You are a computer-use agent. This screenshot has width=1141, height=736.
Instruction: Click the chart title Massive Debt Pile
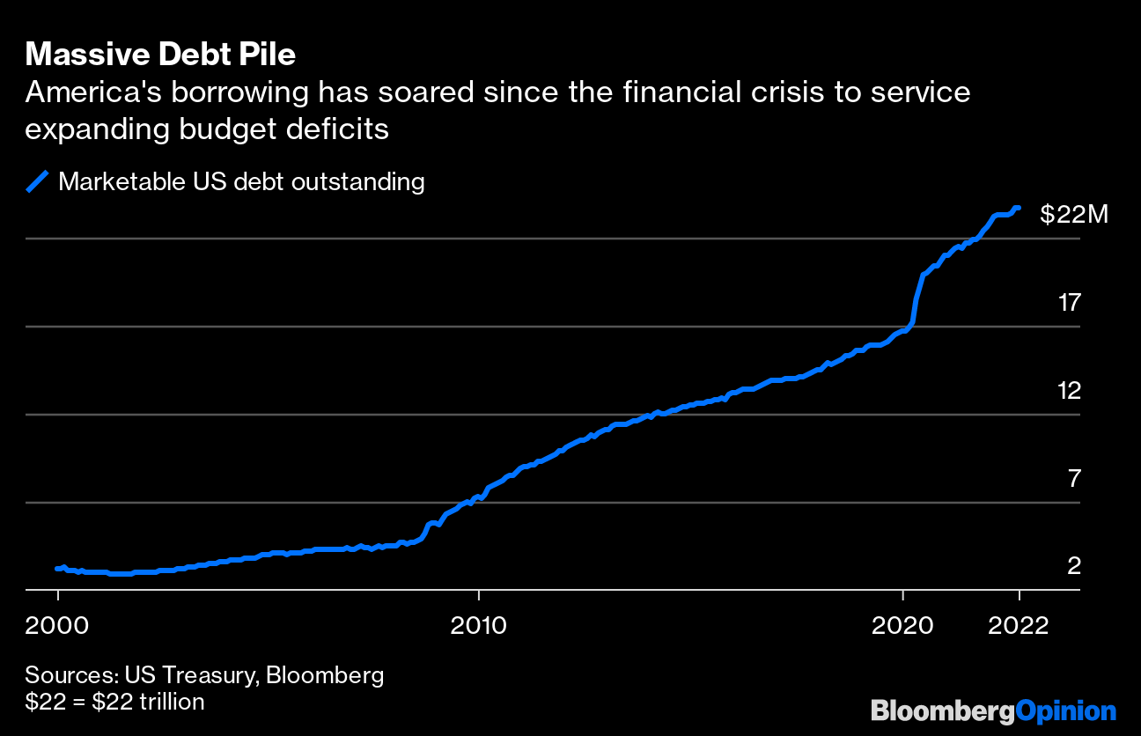pos(160,55)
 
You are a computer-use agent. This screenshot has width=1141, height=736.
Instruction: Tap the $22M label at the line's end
pos(1073,214)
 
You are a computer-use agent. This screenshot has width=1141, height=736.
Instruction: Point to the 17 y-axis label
pos(1069,304)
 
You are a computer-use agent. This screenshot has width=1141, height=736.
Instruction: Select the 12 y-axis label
pos(1069,391)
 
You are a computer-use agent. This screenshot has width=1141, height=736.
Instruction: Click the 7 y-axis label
pos(1073,479)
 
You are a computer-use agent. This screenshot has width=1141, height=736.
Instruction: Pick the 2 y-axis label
pos(1073,566)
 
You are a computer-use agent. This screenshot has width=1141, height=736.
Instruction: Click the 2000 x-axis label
pos(57,625)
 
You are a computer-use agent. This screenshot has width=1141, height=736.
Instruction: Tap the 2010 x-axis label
pos(479,625)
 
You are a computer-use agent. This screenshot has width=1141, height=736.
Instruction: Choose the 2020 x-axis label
pos(902,625)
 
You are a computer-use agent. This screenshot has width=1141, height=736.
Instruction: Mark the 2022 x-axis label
pos(1019,625)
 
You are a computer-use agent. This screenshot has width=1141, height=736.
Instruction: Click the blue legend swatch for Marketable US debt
pos(37,182)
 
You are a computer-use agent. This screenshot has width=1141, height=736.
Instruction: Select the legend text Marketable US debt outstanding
pos(241,182)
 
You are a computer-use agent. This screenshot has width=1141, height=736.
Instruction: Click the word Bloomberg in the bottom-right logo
pos(942,710)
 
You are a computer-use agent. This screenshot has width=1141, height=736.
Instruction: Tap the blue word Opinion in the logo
pos(1065,710)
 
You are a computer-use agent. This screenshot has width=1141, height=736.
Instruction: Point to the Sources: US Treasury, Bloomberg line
pos(204,676)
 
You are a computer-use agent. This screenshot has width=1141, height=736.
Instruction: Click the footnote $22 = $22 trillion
pos(114,702)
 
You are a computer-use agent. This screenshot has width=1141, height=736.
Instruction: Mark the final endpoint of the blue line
pos(1019,208)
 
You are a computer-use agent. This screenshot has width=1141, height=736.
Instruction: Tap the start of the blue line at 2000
pos(57,569)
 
